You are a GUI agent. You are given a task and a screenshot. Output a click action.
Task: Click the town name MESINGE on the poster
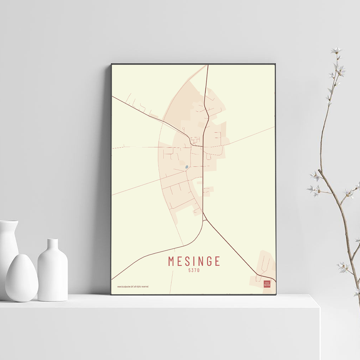194,261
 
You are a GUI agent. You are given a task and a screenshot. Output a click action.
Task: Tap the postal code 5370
194,271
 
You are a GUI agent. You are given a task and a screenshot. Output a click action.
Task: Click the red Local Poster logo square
267,284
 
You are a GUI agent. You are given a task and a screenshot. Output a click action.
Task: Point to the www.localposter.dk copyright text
132,287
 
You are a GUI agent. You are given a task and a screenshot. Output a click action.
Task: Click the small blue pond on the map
186,167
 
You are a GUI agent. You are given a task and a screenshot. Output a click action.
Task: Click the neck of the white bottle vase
53,245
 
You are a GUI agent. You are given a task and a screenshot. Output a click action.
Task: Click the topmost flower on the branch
336,50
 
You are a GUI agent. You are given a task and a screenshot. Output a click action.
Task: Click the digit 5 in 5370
189,271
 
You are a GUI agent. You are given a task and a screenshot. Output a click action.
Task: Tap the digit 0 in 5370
198,271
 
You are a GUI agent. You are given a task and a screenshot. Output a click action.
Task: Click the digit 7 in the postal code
195,271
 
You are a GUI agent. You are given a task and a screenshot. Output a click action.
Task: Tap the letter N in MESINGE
200,261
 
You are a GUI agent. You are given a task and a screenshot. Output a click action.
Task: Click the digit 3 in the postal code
192,271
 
